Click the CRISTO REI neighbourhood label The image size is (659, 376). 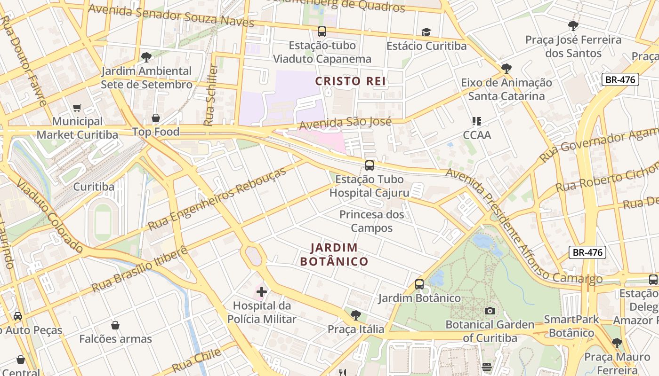point(351,81)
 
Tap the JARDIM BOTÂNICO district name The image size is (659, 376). point(334,254)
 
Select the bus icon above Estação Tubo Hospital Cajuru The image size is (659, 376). point(370,165)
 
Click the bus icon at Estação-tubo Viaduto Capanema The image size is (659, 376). point(322,31)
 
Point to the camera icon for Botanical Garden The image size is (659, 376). point(490,311)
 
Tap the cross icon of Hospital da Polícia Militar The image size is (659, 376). point(262,292)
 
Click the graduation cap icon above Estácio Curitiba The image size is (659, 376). point(426,32)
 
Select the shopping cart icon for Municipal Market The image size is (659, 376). point(77,108)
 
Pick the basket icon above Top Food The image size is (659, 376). point(156,118)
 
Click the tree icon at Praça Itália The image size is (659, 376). point(356,315)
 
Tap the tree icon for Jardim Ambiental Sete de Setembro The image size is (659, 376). point(146,57)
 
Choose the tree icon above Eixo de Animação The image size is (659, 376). point(506,69)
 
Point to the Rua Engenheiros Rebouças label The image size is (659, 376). point(217,199)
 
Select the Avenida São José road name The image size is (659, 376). point(346,123)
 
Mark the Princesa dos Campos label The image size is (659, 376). point(372,221)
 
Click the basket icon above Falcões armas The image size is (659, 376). point(115,325)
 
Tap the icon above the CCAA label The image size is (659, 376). point(477,121)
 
